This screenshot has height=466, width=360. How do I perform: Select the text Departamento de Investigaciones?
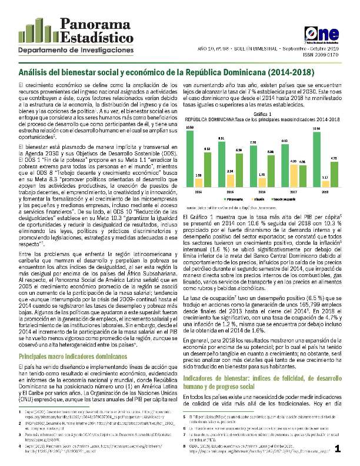76,51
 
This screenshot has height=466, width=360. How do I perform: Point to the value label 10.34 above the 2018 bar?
317,128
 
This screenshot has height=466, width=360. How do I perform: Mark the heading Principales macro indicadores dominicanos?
74,340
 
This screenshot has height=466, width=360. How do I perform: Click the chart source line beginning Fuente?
235,208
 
